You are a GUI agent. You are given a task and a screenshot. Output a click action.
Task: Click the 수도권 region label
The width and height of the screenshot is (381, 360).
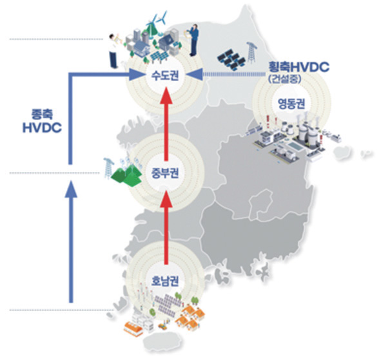click(165, 75)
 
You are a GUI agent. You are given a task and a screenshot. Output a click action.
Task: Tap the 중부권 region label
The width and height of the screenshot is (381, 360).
click(165, 173)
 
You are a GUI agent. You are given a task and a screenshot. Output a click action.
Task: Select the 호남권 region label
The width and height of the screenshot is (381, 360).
click(165, 281)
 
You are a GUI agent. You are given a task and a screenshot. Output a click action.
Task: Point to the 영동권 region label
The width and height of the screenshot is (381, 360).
click(291, 104)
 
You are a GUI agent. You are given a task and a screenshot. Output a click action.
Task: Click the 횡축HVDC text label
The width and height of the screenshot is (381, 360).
click(299, 67)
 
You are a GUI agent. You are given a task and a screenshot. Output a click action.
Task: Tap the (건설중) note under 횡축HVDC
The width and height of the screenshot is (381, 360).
click(285, 79)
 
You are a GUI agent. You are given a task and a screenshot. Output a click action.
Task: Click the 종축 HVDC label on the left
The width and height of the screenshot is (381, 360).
click(42, 121)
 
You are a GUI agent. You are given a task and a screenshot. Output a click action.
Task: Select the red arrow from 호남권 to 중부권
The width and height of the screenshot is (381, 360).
click(166, 227)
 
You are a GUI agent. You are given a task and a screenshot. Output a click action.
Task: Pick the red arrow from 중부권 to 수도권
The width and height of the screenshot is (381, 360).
click(166, 124)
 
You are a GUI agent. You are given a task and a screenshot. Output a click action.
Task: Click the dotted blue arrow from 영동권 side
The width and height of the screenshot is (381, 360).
click(226, 74)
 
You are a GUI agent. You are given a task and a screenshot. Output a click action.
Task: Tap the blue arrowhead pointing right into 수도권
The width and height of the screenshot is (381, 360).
click(136, 74)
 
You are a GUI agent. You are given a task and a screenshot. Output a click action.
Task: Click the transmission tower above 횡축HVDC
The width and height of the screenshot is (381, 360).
click(251, 53)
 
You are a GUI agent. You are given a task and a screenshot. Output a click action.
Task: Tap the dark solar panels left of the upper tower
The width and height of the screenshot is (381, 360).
click(231, 60)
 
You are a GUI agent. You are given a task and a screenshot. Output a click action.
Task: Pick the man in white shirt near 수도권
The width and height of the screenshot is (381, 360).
click(113, 51)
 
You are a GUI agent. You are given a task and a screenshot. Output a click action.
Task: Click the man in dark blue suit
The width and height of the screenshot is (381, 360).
click(193, 40)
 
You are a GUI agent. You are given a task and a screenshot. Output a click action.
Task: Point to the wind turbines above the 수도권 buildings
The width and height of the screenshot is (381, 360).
click(155, 23)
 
